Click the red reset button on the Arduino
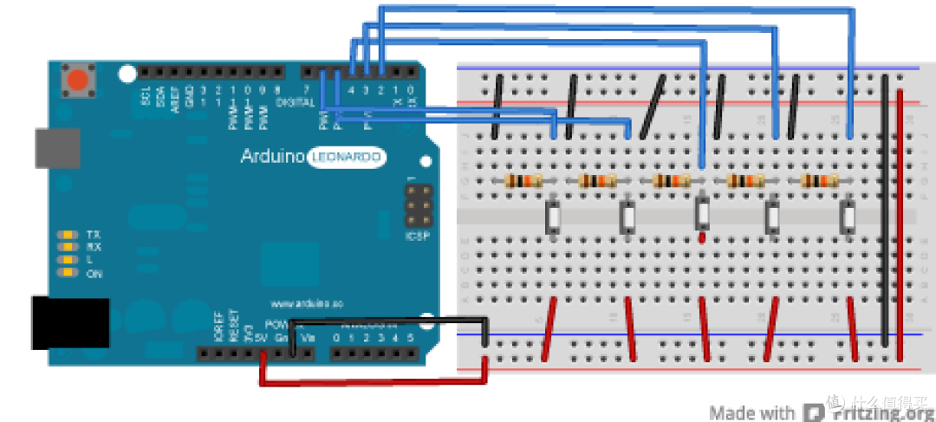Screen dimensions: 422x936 tap(77, 82)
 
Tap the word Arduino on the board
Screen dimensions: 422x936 tap(272, 157)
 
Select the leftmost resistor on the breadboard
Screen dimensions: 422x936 tap(523, 181)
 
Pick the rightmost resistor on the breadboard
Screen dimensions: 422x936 tap(820, 181)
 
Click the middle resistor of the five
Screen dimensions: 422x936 tap(671, 181)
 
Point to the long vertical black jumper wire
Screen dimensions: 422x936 tap(884, 208)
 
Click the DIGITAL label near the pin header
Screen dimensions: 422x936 tap(295, 102)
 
